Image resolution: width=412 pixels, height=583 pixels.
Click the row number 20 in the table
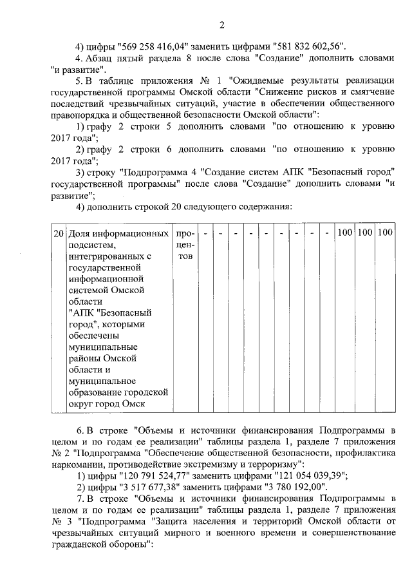58,231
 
